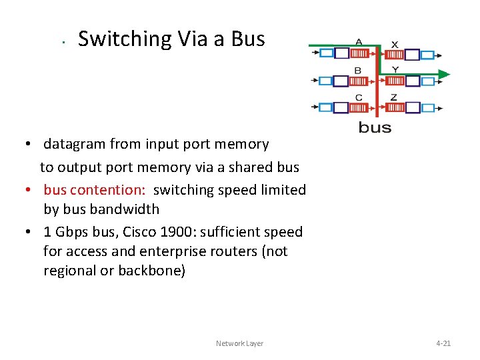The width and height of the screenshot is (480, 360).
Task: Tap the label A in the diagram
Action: pyautogui.click(x=359, y=41)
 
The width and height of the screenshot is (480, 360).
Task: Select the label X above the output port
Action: pyautogui.click(x=395, y=45)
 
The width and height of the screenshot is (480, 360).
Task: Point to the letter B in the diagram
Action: pyautogui.click(x=358, y=70)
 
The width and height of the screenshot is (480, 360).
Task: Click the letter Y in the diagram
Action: pyautogui.click(x=395, y=70)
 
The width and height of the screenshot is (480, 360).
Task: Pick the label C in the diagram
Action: pyautogui.click(x=359, y=97)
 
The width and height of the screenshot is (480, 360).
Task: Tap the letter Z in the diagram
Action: pyautogui.click(x=394, y=97)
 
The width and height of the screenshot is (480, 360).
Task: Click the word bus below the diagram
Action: pyautogui.click(x=375, y=127)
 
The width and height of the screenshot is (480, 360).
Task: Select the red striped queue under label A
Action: pyautogui.click(x=359, y=53)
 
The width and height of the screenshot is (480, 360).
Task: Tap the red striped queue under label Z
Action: pyautogui.click(x=396, y=107)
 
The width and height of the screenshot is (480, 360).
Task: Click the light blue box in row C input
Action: pyautogui.click(x=325, y=107)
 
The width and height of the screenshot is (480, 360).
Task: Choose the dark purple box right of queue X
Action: pyautogui.click(x=412, y=55)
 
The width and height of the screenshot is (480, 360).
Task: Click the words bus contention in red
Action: pyautogui.click(x=94, y=190)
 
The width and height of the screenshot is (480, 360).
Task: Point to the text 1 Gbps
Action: pyautogui.click(x=63, y=232)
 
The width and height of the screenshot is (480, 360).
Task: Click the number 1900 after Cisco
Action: pyautogui.click(x=175, y=232)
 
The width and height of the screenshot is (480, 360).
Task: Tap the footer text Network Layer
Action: pyautogui.click(x=239, y=343)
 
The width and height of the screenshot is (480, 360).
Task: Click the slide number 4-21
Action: pyautogui.click(x=443, y=343)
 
